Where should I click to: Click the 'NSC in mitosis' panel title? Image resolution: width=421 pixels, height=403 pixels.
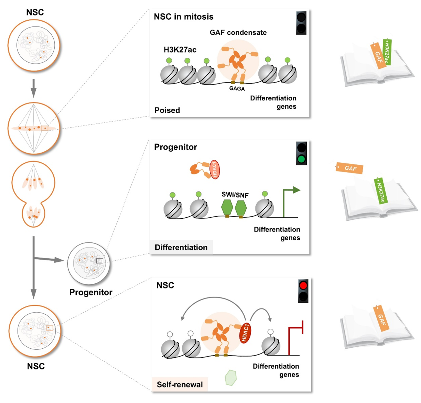tap(184, 17)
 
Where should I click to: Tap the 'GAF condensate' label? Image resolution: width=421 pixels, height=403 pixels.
tap(238, 33)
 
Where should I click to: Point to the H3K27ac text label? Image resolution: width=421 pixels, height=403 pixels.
tap(180, 50)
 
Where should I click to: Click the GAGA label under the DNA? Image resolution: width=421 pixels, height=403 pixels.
tap(237, 89)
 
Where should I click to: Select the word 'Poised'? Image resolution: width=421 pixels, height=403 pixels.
tap(167, 110)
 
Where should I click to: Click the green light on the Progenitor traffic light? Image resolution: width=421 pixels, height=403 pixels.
tap(302, 159)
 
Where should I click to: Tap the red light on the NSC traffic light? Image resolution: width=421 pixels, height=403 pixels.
tap(303, 285)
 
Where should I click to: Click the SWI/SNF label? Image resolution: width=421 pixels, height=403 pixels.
tap(235, 195)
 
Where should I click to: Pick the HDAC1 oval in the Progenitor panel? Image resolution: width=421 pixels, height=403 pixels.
tap(214, 170)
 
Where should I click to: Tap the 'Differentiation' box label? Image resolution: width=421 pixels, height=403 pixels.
tap(181, 248)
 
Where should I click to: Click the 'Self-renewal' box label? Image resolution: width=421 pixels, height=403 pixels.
tap(180, 384)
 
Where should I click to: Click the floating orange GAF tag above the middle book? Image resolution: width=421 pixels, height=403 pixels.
tap(349, 168)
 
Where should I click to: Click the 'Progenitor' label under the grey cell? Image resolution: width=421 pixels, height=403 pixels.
tap(91, 292)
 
